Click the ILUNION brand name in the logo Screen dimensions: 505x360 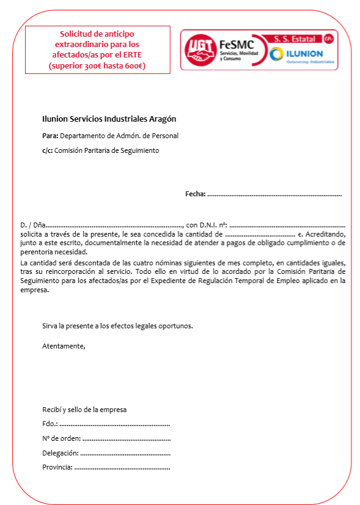click(x=305, y=54)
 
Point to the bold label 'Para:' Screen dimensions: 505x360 click(x=50, y=136)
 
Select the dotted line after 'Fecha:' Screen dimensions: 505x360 click(x=274, y=194)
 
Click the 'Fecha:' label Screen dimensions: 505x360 click(x=195, y=194)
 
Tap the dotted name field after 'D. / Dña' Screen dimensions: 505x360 click(x=114, y=226)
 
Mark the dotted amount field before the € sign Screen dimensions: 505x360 click(x=260, y=234)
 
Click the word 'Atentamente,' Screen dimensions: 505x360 click(x=64, y=347)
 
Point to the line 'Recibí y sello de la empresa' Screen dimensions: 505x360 click(x=84, y=409)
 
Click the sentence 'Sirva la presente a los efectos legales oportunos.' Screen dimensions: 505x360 click(x=117, y=326)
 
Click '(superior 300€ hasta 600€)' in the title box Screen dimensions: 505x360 click(x=97, y=65)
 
